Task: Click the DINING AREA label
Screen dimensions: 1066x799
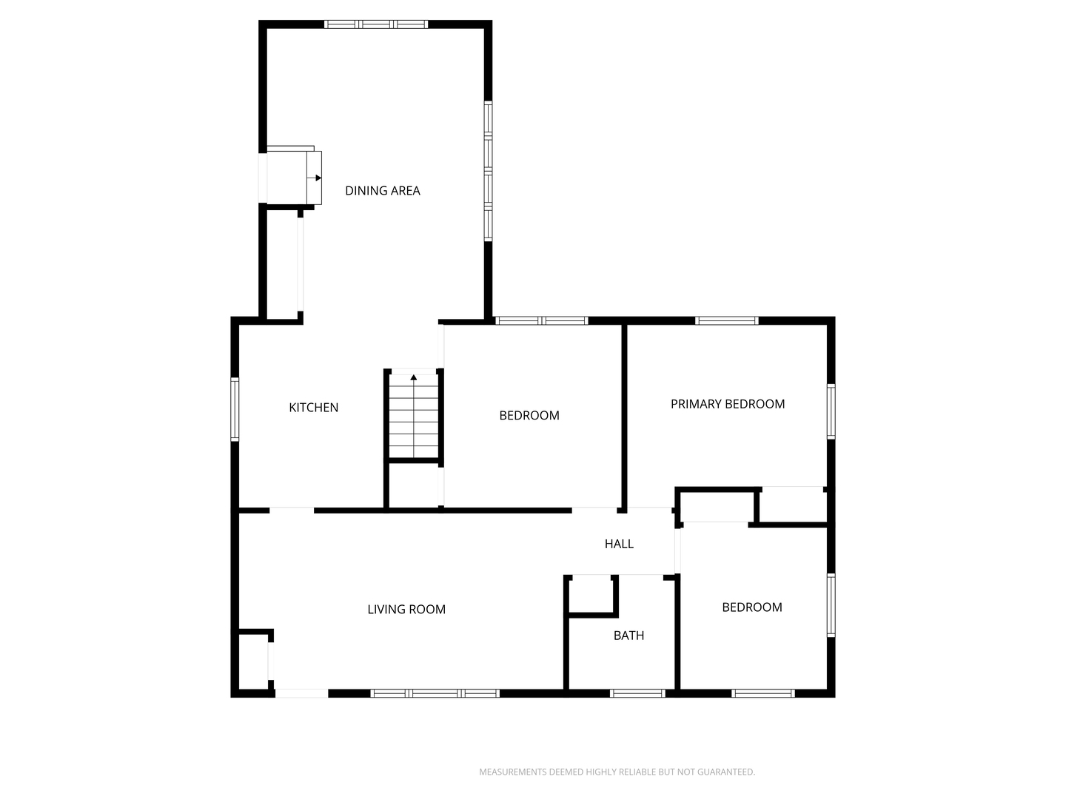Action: point(382,191)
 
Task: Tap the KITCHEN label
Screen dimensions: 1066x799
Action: point(313,408)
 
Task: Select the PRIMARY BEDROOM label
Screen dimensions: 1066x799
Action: point(728,404)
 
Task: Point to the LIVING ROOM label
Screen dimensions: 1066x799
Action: point(406,610)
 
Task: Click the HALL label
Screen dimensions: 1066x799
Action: point(619,544)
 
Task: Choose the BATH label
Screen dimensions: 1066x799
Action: point(629,636)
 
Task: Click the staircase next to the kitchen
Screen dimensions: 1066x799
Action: point(414,416)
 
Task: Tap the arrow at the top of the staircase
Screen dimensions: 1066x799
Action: point(414,377)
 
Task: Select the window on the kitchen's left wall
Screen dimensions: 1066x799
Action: point(235,409)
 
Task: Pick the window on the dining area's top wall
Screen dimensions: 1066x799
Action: point(376,24)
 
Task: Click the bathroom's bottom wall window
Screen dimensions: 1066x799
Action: point(637,693)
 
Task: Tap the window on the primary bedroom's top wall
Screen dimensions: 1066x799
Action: point(726,320)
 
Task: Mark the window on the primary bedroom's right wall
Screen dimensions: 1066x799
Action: point(831,411)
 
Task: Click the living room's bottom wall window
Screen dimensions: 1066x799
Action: point(435,693)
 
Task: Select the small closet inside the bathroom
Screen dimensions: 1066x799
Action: point(591,596)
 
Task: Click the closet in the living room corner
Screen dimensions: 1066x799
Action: point(253,661)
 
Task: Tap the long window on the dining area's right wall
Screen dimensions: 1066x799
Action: point(488,171)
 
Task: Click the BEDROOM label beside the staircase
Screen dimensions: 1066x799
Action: point(529,415)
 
